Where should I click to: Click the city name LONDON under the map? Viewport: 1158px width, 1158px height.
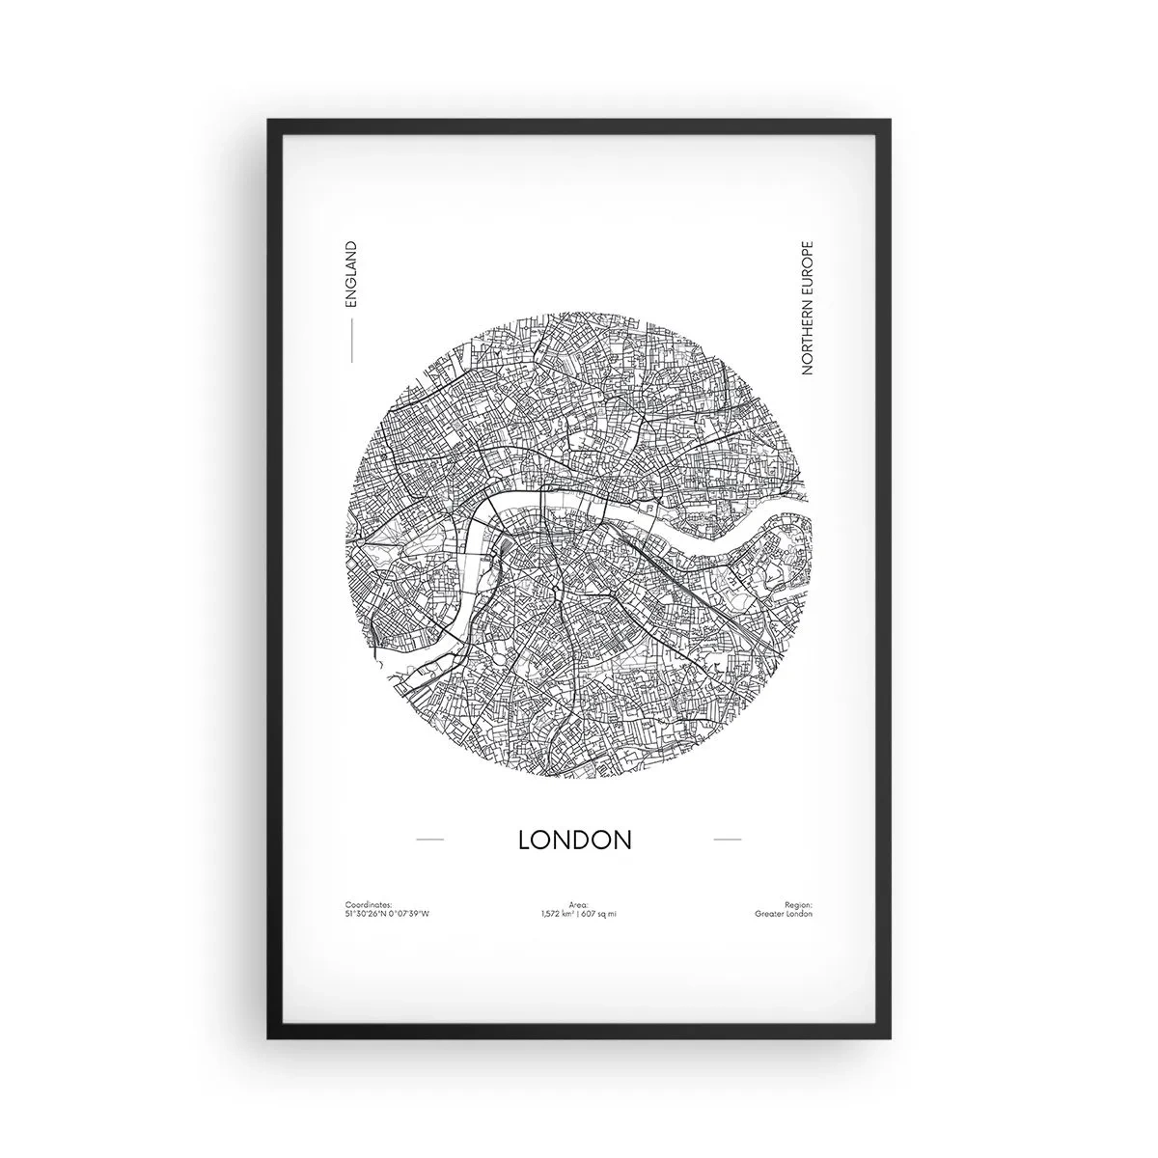click(x=575, y=840)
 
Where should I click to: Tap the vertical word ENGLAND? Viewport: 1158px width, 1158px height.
click(x=350, y=274)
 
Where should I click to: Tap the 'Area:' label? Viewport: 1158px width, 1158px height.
click(x=579, y=904)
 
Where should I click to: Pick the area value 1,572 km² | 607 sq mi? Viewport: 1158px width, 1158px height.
click(x=579, y=913)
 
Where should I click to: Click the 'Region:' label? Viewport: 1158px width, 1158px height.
click(x=799, y=904)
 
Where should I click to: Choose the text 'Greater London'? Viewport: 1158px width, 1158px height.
click(x=785, y=913)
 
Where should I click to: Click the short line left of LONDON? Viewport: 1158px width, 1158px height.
click(x=429, y=840)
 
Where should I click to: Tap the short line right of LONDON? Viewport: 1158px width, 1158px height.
click(x=727, y=840)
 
